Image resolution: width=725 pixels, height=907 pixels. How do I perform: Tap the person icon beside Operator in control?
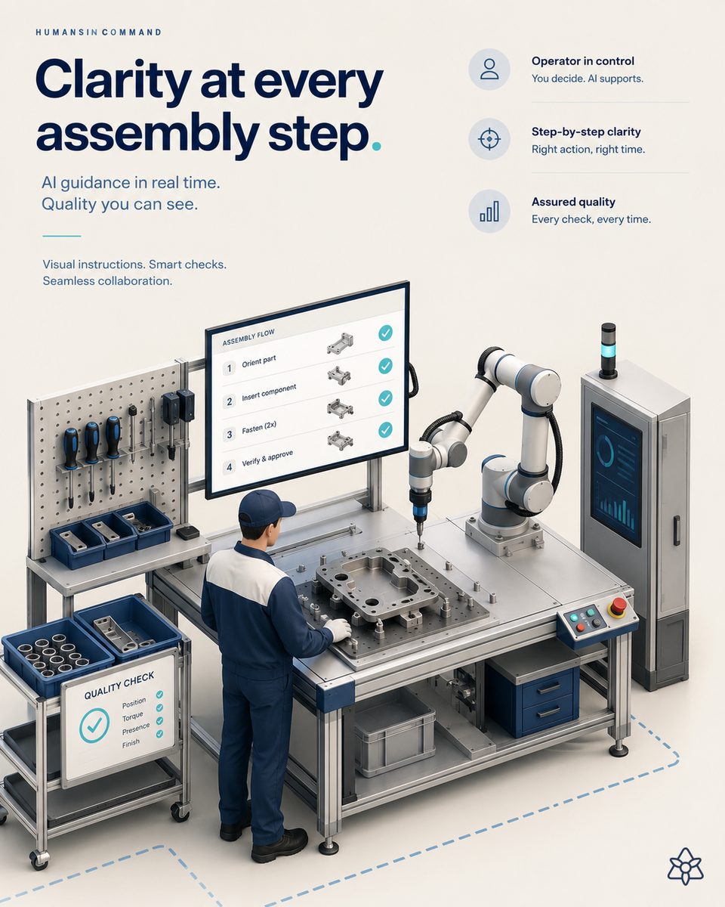click(489, 69)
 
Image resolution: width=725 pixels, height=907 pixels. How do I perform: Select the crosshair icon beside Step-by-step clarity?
click(489, 139)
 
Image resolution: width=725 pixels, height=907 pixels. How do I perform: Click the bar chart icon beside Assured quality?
click(489, 211)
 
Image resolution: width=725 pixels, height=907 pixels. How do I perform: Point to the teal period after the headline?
click(377, 146)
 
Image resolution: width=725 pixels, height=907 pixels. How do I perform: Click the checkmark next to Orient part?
click(385, 366)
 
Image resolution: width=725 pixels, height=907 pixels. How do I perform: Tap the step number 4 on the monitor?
click(229, 467)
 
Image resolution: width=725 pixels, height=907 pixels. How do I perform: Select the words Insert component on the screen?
click(269, 392)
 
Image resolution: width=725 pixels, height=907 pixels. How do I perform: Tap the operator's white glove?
click(338, 630)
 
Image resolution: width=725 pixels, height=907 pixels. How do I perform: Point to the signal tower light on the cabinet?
click(608, 349)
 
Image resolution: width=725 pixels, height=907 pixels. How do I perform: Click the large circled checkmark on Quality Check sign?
click(94, 725)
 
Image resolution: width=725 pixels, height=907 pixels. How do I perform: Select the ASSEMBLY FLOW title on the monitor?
click(248, 337)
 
